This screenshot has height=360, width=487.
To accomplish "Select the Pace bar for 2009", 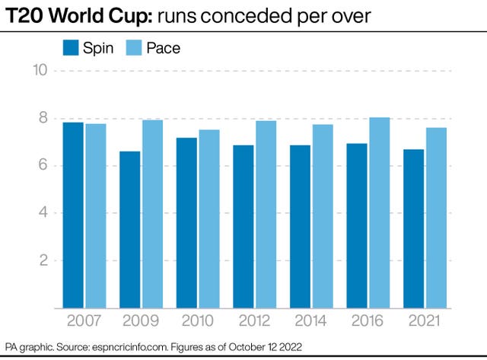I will click(x=153, y=214).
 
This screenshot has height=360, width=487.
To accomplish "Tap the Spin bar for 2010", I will click(x=186, y=223).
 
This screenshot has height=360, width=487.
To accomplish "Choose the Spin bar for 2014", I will click(x=299, y=227).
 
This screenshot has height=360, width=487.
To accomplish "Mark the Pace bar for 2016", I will click(x=380, y=213).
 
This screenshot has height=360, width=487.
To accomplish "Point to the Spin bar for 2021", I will click(x=412, y=229).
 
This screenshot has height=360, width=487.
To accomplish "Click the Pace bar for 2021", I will click(x=436, y=218).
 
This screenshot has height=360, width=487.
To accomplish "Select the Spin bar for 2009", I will click(x=129, y=230).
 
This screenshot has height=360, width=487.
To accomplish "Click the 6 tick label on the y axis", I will click(x=43, y=166).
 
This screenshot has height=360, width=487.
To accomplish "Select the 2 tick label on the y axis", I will click(x=43, y=261).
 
